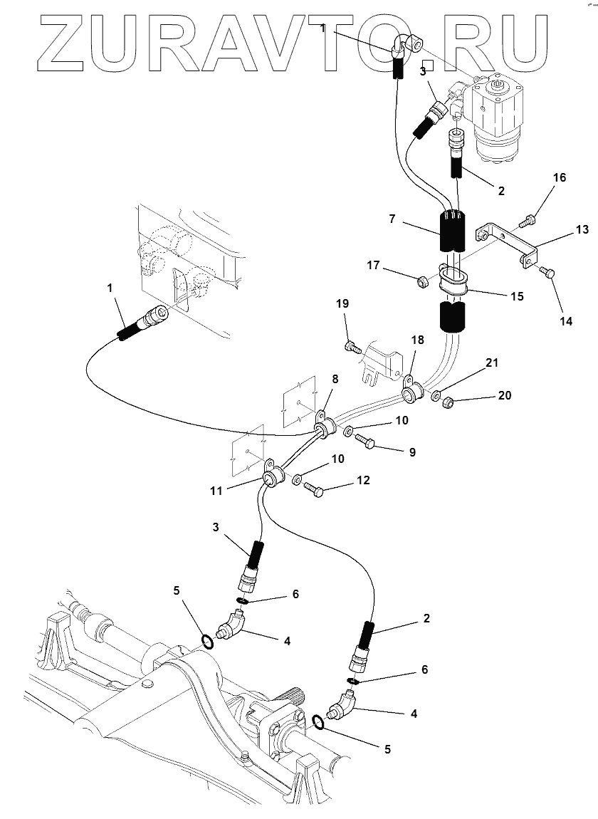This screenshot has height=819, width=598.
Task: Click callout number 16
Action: tap(560, 177)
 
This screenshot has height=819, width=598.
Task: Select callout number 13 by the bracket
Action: tap(582, 229)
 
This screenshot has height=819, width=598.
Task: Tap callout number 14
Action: tap(566, 321)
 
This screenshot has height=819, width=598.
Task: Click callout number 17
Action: tap(373, 266)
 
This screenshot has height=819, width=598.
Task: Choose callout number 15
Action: tap(517, 296)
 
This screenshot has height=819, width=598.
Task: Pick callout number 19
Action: tap(342, 303)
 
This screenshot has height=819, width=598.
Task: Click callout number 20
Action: tap(505, 395)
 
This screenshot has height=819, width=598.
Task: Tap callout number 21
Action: tap(493, 362)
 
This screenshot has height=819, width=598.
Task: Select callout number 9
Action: tap(413, 452)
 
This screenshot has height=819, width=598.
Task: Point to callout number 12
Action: tap(363, 479)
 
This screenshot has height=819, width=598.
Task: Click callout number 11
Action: tap(216, 491)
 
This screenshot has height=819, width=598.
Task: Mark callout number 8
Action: tap(335, 379)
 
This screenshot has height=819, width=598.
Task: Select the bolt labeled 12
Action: tap(314, 490)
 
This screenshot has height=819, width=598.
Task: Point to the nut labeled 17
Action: tap(422, 283)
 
